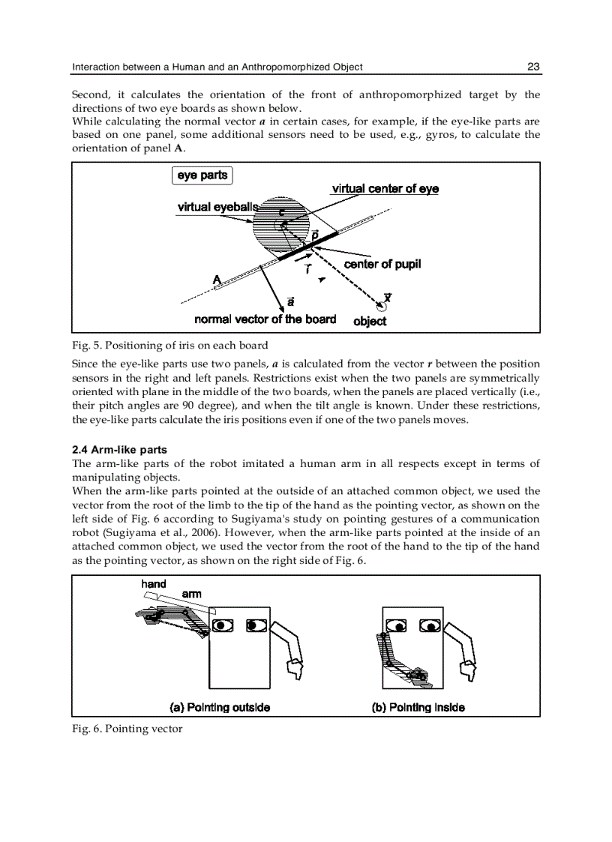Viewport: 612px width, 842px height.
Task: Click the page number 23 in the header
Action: (x=533, y=67)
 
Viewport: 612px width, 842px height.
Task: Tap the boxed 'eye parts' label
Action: (x=202, y=175)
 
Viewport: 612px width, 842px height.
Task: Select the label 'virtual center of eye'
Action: (x=385, y=189)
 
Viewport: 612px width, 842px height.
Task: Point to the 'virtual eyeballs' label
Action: (x=217, y=207)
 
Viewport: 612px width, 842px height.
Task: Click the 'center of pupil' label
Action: (x=382, y=264)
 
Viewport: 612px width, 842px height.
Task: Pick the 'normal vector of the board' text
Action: (x=265, y=319)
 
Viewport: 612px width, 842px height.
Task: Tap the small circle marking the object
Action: (x=382, y=307)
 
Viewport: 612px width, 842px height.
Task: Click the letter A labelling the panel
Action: (x=217, y=279)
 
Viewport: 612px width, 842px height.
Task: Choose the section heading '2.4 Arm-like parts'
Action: (x=119, y=450)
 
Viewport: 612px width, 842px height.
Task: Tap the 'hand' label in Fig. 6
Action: (x=154, y=584)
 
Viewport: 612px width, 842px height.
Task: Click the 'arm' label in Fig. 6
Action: (x=191, y=594)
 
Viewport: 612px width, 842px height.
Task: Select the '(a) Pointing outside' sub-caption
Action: (x=220, y=707)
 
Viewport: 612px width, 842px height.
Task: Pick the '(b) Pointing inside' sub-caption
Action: (x=418, y=707)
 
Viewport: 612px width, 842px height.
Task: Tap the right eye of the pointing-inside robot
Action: (x=430, y=625)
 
